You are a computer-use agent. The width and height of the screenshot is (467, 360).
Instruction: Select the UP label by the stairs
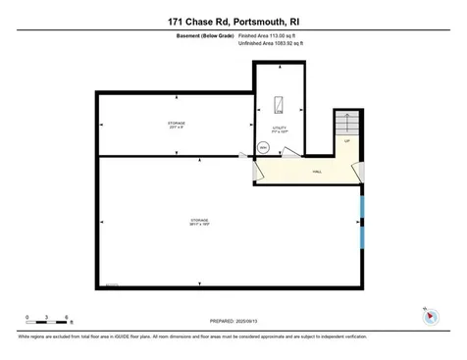(x=346, y=142)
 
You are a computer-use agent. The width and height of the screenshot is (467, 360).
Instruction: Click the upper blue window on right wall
(x=362, y=207)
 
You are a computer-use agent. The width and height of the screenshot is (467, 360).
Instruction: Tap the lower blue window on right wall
(x=362, y=236)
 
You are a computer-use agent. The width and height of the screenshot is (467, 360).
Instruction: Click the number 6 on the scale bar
(x=66, y=317)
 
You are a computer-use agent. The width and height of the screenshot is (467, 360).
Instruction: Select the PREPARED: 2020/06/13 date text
(x=233, y=320)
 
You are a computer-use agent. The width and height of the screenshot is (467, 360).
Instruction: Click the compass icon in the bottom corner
(x=428, y=317)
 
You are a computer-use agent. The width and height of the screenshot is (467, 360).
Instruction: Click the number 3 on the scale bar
(x=46, y=317)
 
